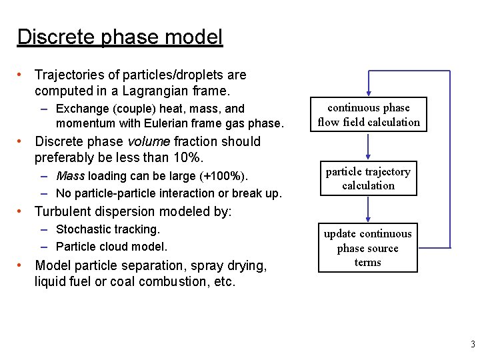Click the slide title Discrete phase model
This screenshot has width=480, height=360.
[x=120, y=37]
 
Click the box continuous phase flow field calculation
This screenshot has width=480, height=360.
[x=369, y=115]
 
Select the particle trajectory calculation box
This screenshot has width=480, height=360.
[x=368, y=179]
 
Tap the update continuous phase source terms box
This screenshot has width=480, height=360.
[x=368, y=248]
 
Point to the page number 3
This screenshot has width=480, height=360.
[x=473, y=345]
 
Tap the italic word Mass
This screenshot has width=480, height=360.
[x=71, y=177]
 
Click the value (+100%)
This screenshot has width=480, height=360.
[x=223, y=177]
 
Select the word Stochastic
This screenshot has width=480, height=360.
[x=85, y=229]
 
